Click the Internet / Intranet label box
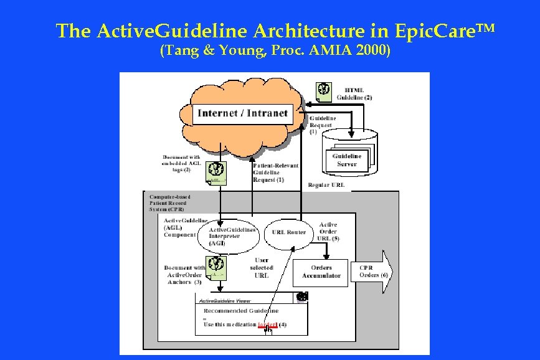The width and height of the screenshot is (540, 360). [242, 113]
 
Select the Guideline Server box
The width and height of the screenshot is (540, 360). [346, 160]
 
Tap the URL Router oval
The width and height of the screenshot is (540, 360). [289, 232]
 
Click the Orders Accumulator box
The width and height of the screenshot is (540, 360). [321, 272]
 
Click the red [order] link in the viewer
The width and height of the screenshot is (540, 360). [267, 324]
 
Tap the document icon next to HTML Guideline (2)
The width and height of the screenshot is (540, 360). [323, 90]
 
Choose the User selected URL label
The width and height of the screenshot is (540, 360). [262, 268]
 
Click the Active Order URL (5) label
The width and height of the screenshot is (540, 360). [328, 231]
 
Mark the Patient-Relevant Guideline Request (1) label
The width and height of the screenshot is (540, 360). [275, 173]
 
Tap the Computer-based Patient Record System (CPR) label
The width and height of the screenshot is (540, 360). [169, 203]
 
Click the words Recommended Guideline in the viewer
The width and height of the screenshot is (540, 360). [241, 310]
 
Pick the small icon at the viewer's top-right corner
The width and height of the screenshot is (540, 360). [302, 298]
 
